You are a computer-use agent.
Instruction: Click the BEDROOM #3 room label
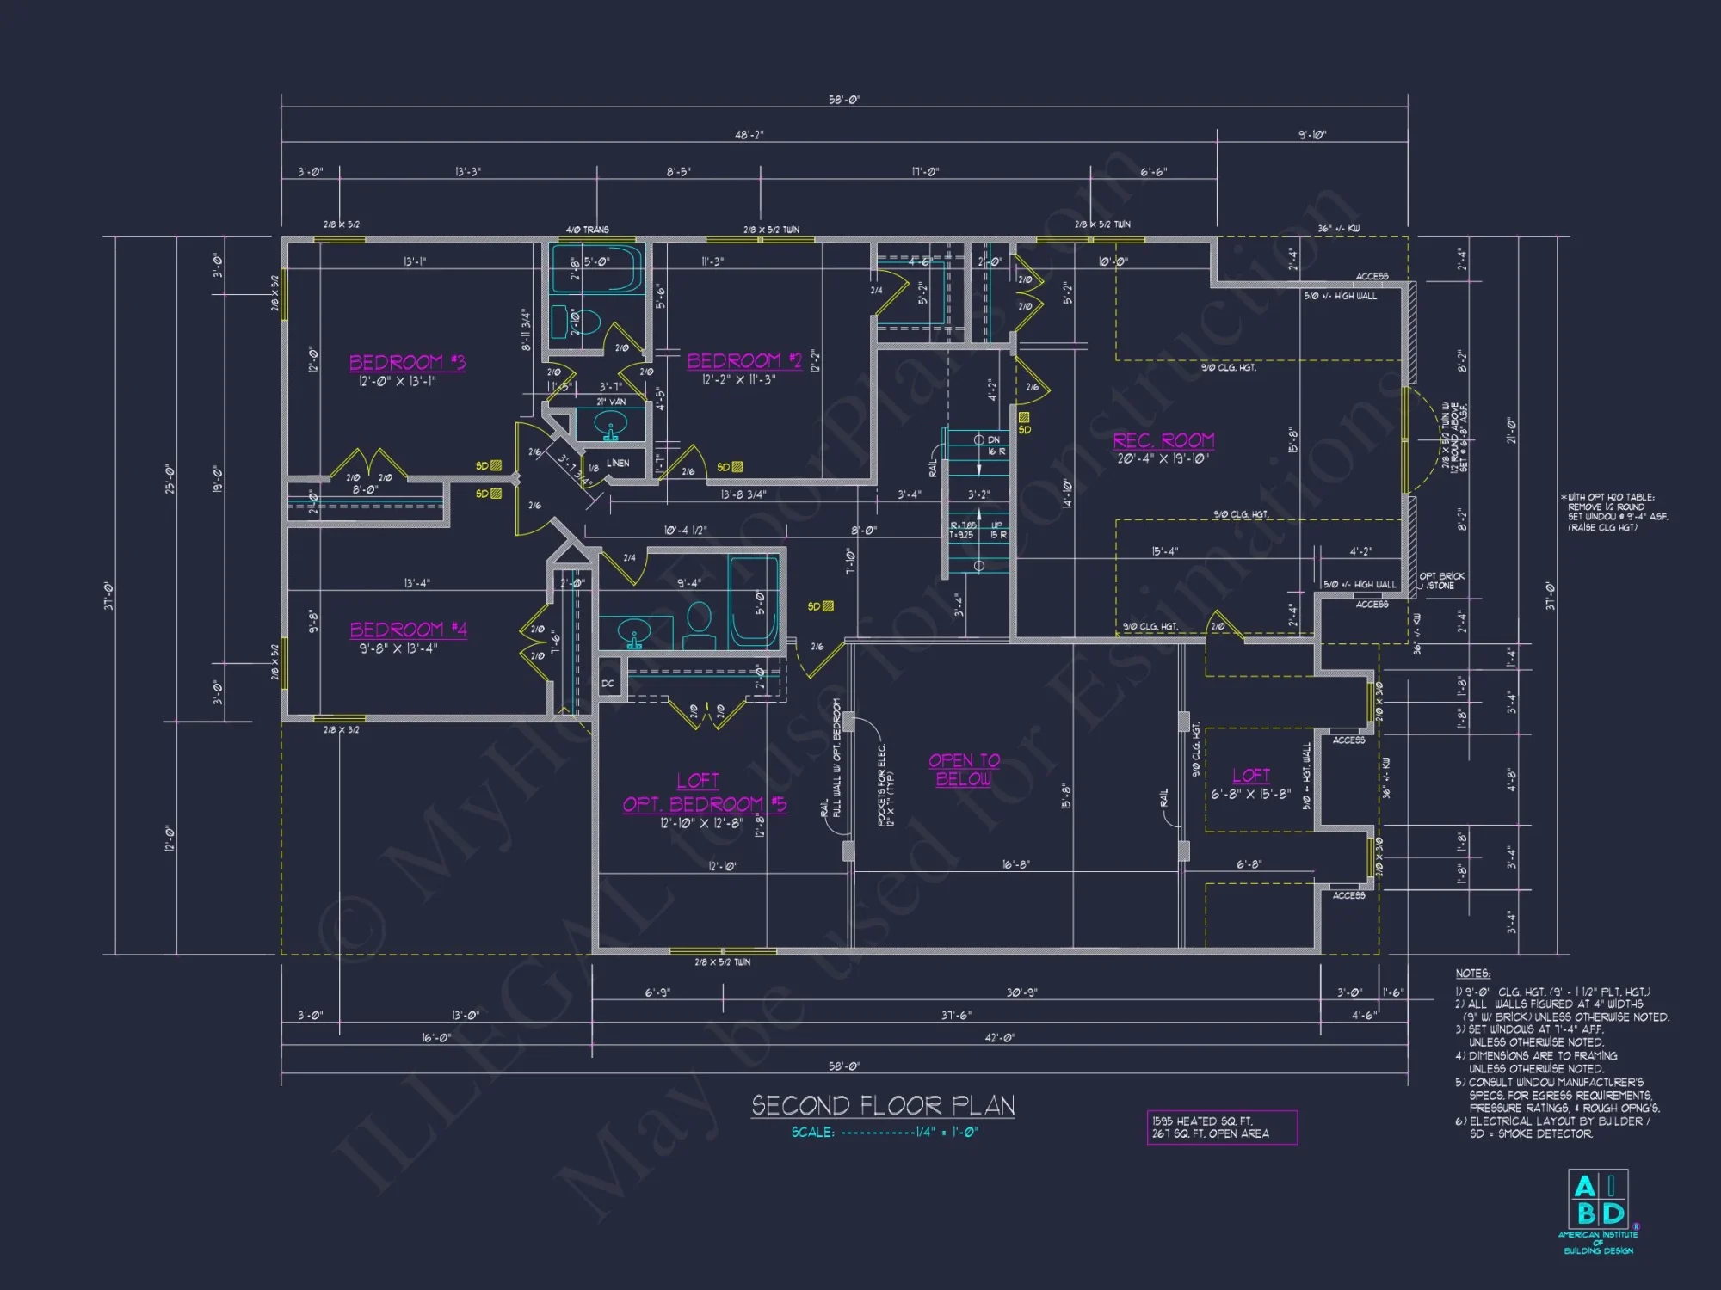point(407,362)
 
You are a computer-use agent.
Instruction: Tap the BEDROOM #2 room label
point(744,360)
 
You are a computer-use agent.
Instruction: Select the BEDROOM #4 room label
point(408,630)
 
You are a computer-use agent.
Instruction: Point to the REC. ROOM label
point(1163,440)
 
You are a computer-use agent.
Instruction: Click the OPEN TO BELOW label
point(964,770)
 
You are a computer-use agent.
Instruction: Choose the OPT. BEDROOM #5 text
point(704,804)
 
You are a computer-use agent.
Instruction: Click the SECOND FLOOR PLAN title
point(883,1105)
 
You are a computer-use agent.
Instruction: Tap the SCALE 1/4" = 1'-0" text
point(885,1133)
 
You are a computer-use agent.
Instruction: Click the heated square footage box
point(1221,1127)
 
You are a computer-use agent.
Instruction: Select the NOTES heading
point(1472,974)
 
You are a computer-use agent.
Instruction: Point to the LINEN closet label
point(618,463)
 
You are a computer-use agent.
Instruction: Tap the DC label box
point(608,684)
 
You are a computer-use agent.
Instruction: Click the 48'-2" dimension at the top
point(749,135)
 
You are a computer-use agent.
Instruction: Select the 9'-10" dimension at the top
point(1312,135)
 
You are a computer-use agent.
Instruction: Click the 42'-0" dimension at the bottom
point(1000,1038)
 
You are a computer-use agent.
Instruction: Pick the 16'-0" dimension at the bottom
point(436,1038)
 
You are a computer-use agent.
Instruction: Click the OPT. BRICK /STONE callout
point(1441,580)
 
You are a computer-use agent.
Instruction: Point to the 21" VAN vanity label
point(611,402)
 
